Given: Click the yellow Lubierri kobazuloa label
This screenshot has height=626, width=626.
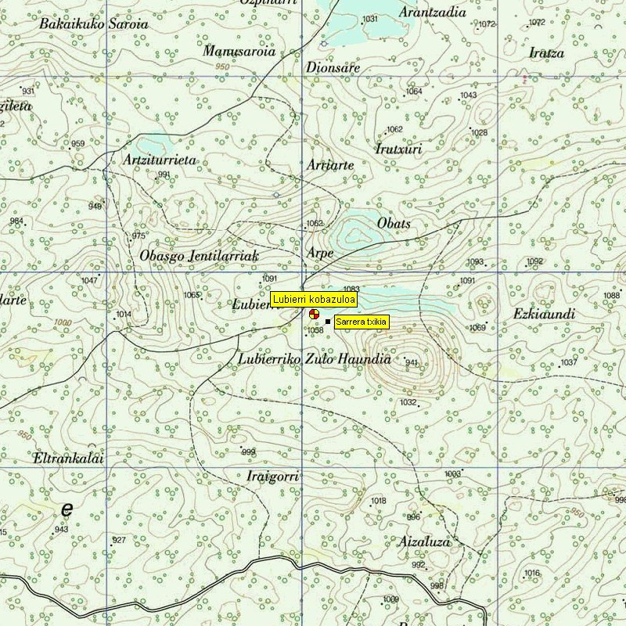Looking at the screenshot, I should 314,299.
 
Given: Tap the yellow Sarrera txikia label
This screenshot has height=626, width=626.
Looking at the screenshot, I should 361,322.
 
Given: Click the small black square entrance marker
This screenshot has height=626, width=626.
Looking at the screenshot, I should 327,322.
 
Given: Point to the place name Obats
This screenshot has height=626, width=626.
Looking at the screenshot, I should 394,224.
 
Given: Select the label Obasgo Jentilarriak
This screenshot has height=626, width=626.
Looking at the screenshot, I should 199,256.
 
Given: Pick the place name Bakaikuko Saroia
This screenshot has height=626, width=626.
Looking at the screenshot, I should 93,23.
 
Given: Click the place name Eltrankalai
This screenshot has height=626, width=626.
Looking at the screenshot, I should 69,459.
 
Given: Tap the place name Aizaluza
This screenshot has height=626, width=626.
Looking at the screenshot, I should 425,541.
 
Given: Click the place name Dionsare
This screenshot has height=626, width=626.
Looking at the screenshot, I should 333,68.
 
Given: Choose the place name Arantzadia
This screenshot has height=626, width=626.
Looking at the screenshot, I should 432,13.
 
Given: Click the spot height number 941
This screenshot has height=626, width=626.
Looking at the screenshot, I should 412,362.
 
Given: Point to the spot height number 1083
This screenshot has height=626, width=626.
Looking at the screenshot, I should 351,290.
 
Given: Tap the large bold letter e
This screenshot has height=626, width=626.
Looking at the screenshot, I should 67,509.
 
